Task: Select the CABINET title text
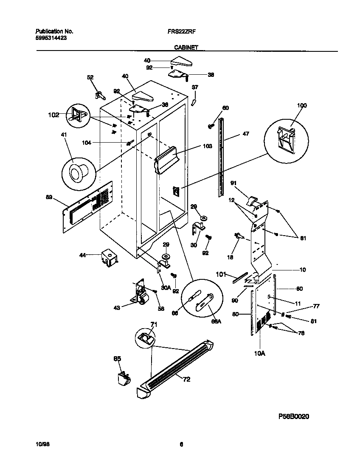(186, 48)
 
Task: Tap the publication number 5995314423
(51, 38)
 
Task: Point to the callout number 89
(50, 197)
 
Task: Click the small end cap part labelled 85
(124, 377)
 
